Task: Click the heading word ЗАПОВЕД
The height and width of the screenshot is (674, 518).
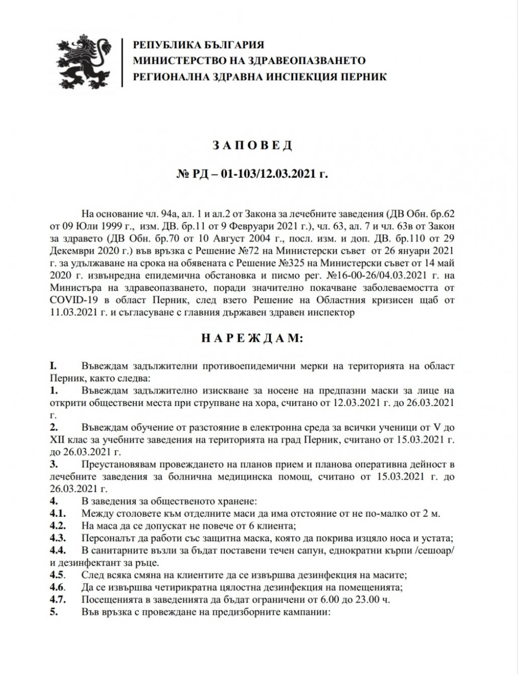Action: (x=258, y=146)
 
